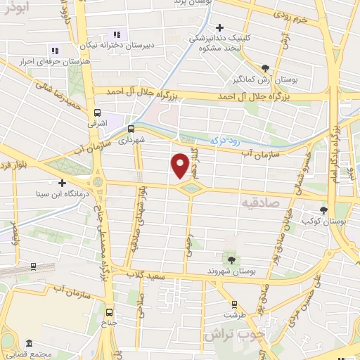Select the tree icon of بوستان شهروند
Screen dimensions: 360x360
(x=226, y=259)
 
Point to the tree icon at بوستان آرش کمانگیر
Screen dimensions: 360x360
(x=264, y=68)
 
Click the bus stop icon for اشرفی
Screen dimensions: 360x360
(x=97, y=111)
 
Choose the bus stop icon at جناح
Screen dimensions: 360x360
(x=108, y=312)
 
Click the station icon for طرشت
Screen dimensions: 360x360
(x=234, y=305)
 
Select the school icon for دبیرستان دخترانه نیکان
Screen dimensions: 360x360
(x=117, y=34)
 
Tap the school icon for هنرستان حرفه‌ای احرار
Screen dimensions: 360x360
(x=55, y=49)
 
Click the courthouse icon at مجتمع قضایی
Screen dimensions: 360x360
(x=29, y=344)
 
